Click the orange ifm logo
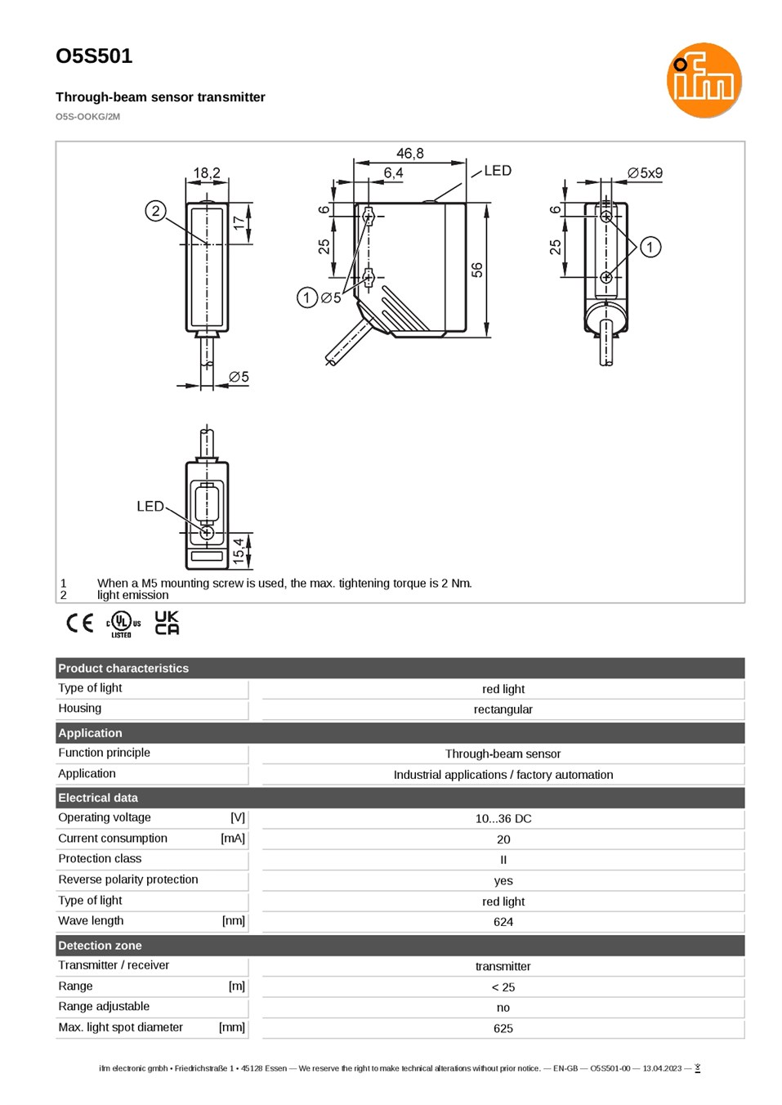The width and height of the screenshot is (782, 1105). click(704, 80)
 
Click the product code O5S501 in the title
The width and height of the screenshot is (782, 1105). click(94, 56)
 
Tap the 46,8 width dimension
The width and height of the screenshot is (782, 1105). click(409, 154)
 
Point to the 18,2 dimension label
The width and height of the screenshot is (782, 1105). click(207, 173)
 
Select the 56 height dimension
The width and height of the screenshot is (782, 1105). click(476, 270)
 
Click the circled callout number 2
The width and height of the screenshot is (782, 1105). click(155, 211)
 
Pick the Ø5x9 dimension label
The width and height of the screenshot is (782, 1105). click(645, 173)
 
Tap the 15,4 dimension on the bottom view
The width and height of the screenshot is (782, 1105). click(239, 551)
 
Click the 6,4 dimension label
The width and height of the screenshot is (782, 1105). click(393, 172)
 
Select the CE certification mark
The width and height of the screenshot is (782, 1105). click(80, 623)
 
